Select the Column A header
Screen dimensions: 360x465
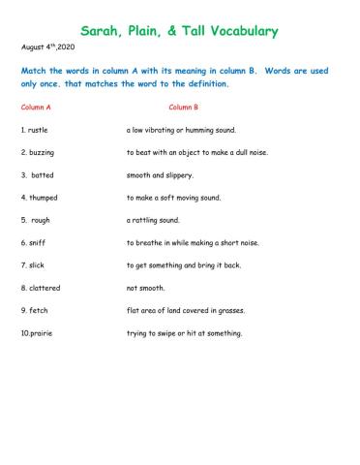click(x=39, y=108)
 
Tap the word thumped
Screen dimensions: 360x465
click(x=42, y=197)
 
